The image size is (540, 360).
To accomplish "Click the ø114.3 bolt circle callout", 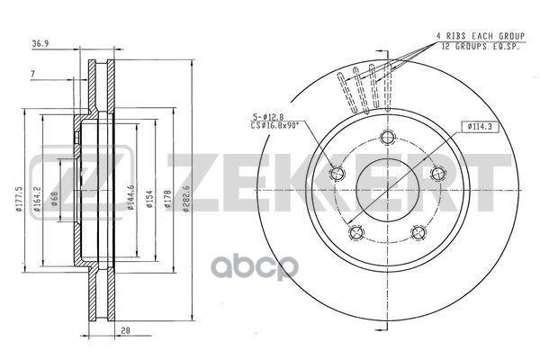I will (x=480, y=128).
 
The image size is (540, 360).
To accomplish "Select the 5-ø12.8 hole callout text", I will (x=269, y=115).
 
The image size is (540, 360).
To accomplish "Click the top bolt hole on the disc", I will (x=388, y=138).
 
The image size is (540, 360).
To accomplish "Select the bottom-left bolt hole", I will (x=356, y=232).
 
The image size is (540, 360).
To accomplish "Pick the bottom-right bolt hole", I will (x=418, y=232).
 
